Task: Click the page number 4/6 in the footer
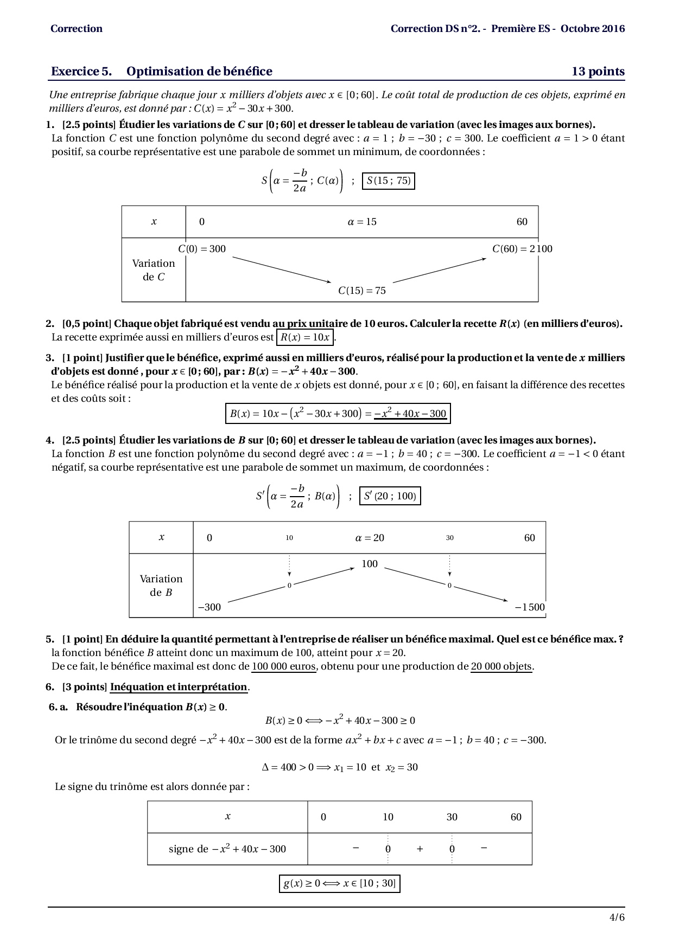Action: tap(617, 917)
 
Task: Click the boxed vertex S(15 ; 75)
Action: tap(389, 181)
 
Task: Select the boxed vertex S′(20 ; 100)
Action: tap(390, 496)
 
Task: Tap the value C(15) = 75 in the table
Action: tap(362, 291)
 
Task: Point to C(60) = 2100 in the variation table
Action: tap(522, 249)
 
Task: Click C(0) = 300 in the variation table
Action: tap(202, 249)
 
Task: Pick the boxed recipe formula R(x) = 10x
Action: tap(305, 337)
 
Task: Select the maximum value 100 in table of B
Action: tap(370, 564)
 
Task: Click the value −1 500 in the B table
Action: tap(530, 607)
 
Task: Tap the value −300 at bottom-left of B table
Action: tap(209, 607)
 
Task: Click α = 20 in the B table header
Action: tap(370, 538)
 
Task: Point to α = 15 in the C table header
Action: tap(362, 222)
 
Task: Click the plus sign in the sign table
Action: tap(420, 849)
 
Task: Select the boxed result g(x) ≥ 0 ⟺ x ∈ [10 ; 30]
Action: tap(340, 883)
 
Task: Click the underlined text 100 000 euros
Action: tap(284, 666)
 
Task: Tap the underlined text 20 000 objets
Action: tap(502, 666)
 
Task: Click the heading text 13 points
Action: tap(598, 72)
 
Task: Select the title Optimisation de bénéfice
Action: tap(199, 72)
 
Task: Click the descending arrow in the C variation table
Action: tap(282, 269)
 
